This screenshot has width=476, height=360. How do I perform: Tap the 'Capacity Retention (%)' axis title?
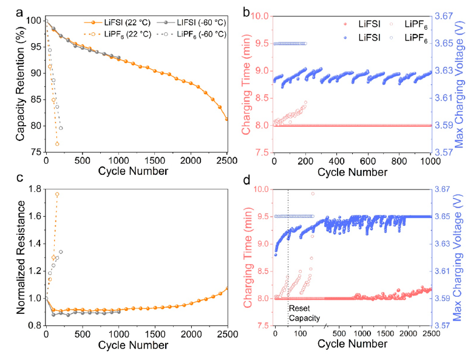coord(20,86)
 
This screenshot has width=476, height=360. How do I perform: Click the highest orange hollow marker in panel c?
coord(57,194)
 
